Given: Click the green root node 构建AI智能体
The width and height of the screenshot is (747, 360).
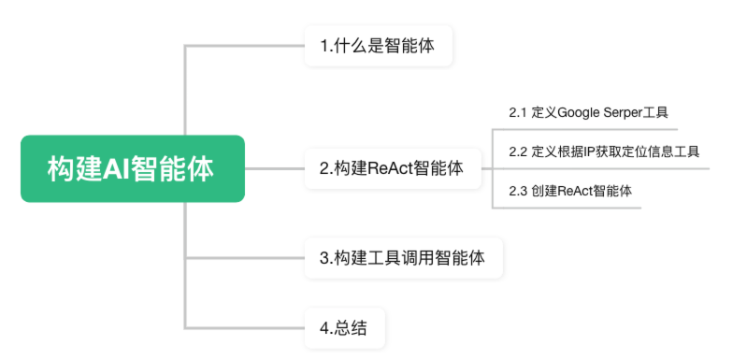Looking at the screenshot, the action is pos(133,168).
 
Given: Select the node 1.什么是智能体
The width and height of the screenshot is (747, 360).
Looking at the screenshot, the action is pos(379,46).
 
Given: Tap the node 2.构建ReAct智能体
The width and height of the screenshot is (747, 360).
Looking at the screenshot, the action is pos(393,168).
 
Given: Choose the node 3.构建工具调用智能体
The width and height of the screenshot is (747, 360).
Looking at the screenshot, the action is pos(404,258).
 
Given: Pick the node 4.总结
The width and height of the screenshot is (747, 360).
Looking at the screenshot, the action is pos(344,328).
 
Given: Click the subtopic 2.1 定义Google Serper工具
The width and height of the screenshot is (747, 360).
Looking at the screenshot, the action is pos(588,113).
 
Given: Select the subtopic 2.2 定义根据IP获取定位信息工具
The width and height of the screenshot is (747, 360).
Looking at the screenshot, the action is pos(604,151).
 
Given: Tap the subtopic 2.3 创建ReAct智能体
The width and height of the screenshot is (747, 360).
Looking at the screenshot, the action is pos(570,191).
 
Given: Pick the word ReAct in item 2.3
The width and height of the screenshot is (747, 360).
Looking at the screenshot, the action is pos(574,191).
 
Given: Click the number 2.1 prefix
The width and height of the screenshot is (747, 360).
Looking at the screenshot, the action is pos(518,113).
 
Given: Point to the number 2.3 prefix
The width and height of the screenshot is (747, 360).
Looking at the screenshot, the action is pos(518,192).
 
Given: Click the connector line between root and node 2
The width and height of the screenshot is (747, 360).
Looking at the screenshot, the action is pos(275,168).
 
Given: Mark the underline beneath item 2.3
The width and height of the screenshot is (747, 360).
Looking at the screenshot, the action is pos(567,208).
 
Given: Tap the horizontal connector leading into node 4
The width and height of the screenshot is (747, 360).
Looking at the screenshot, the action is pos(245,328).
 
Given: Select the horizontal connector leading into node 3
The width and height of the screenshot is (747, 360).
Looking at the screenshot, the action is pos(245,258).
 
